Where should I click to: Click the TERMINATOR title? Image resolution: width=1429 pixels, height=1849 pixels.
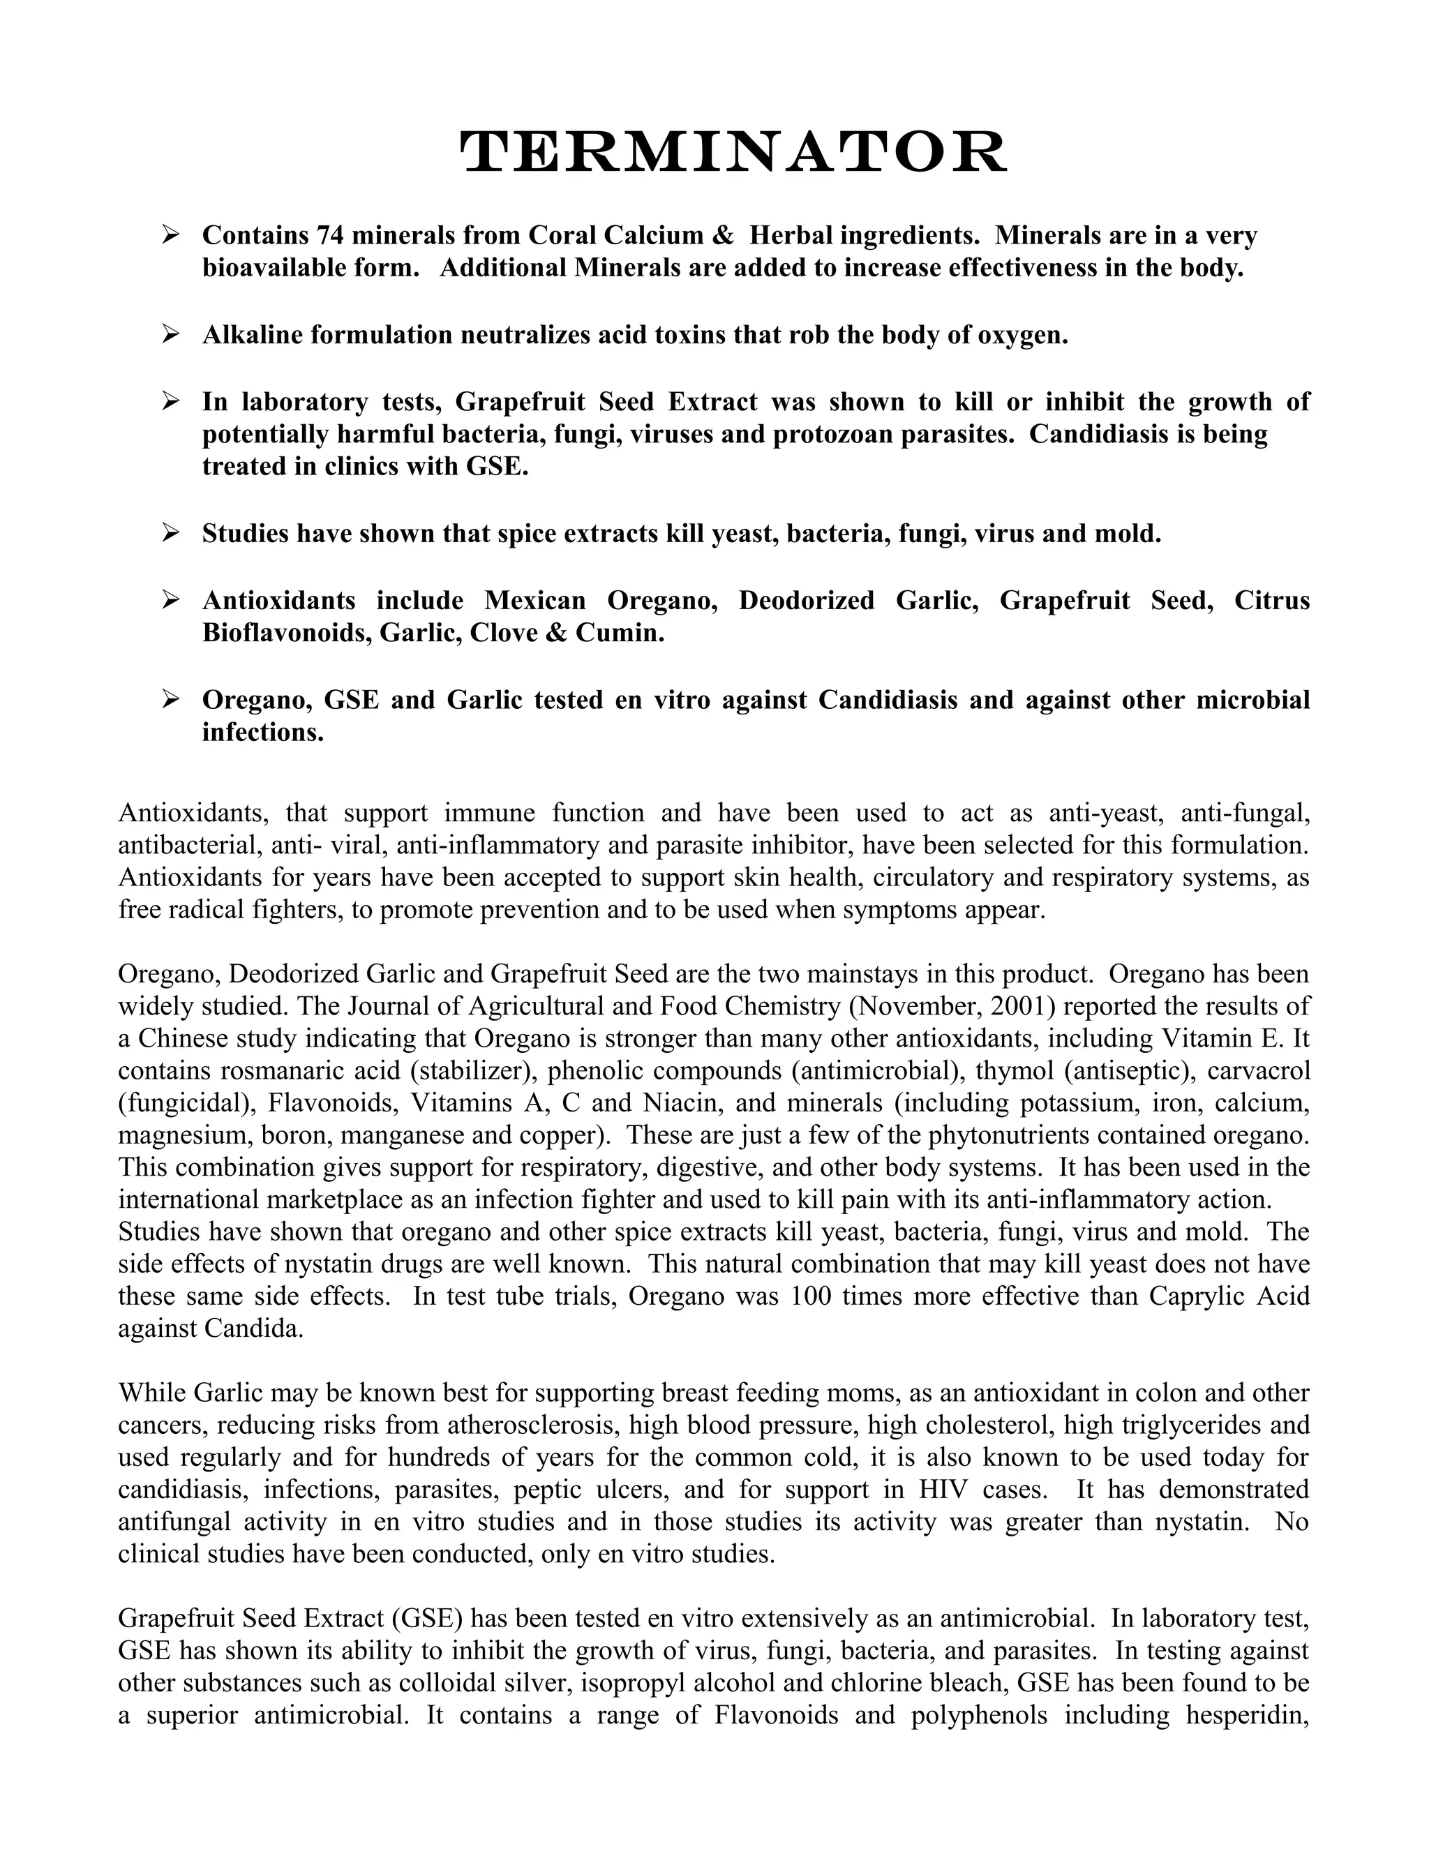tap(733, 154)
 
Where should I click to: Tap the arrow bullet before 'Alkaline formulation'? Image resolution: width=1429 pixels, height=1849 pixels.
tap(170, 334)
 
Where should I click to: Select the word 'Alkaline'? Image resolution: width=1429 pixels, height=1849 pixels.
tap(253, 335)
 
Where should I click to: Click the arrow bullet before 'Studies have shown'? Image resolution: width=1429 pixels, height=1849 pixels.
tap(170, 532)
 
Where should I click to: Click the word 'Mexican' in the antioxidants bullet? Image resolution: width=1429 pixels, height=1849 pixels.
tap(534, 600)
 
